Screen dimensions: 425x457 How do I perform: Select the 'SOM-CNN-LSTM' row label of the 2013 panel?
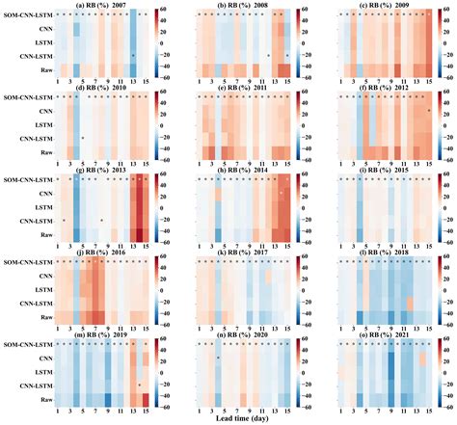click(x=27, y=179)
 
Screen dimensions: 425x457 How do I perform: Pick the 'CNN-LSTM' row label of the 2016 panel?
click(x=35, y=302)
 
